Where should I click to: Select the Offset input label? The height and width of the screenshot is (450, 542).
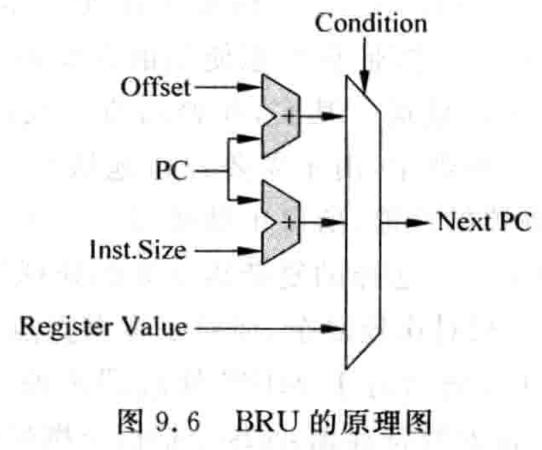coord(159,86)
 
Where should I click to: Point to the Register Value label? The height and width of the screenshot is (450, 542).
coord(102,328)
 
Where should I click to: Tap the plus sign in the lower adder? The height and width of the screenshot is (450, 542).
coord(289,222)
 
